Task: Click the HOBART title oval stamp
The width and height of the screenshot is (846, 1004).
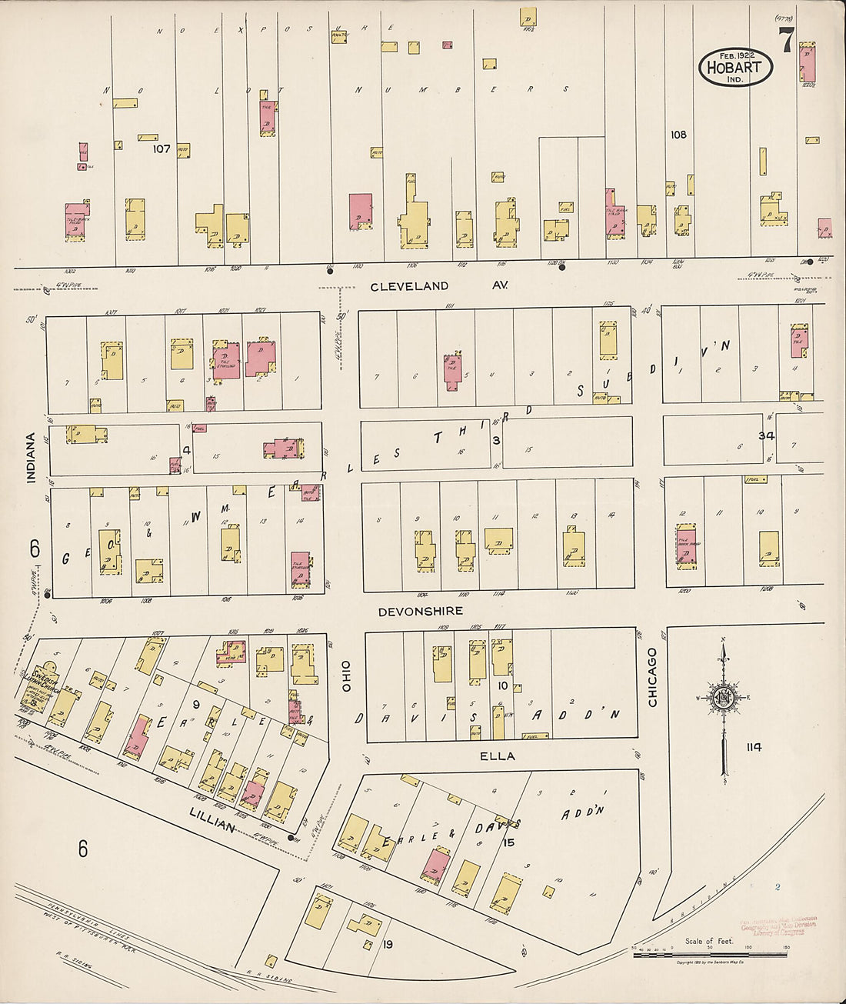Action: (734, 67)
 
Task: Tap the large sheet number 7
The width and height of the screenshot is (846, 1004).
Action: (785, 41)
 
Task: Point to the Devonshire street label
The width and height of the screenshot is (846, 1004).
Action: (420, 611)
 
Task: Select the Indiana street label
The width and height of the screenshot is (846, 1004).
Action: (31, 458)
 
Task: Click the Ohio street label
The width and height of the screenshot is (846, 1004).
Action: (346, 675)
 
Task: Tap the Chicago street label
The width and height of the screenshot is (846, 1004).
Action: (652, 677)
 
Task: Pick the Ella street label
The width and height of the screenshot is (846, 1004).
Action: (497, 756)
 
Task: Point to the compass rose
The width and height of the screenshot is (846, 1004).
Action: (723, 699)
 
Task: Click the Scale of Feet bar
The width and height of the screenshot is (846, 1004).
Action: (709, 954)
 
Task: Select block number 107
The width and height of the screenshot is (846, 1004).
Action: (161, 148)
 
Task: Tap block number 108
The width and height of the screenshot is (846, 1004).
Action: (678, 135)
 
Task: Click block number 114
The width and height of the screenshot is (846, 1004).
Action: (753, 747)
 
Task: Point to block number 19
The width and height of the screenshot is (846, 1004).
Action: (388, 944)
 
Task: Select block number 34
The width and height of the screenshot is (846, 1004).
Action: (766, 435)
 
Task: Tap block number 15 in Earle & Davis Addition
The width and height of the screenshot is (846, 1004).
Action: (508, 842)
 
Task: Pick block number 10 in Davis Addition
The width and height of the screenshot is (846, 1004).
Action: (502, 685)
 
